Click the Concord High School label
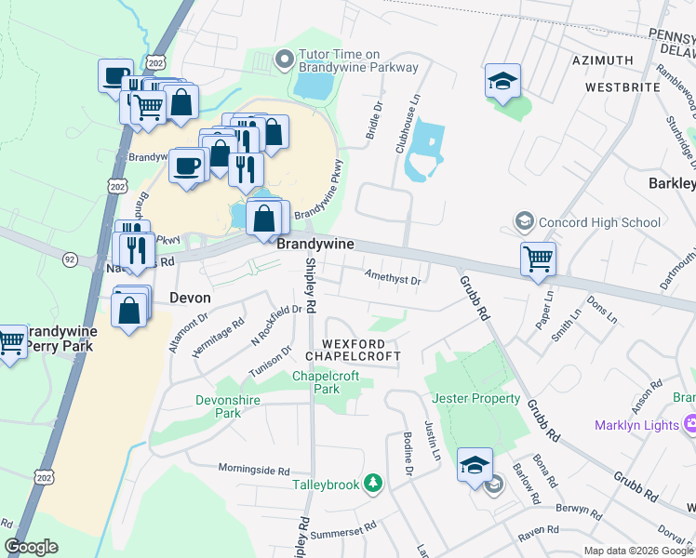(x=600, y=222)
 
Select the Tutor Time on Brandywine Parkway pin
(x=284, y=61)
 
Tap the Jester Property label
(x=476, y=398)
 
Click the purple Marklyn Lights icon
(x=689, y=425)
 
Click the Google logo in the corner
(x=31, y=546)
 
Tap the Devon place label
(x=190, y=299)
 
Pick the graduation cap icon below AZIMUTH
(x=502, y=82)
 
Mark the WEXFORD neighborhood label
(x=354, y=342)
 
